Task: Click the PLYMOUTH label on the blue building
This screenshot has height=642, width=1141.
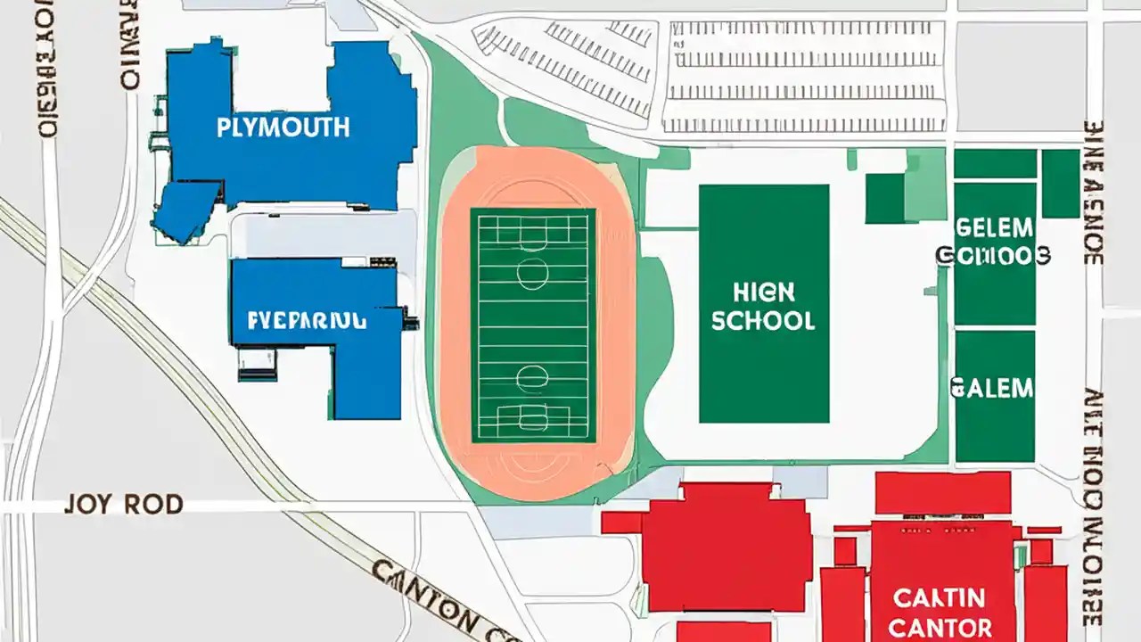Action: click(283, 128)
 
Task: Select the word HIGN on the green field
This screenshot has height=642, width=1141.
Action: click(763, 292)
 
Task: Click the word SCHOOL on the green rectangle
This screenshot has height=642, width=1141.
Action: click(763, 320)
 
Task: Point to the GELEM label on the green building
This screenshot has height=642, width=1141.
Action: click(994, 226)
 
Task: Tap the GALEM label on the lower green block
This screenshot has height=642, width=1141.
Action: click(992, 388)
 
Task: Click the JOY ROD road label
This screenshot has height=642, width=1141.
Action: click(123, 505)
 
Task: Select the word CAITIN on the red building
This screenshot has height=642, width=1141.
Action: click(940, 597)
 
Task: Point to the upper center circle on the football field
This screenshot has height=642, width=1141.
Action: click(532, 275)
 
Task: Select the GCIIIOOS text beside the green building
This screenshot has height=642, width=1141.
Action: click(993, 257)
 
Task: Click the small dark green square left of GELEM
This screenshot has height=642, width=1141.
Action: click(884, 198)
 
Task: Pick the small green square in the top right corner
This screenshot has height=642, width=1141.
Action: click(1061, 183)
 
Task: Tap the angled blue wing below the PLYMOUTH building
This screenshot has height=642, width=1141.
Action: click(186, 210)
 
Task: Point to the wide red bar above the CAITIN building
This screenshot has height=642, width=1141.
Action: click(942, 493)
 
